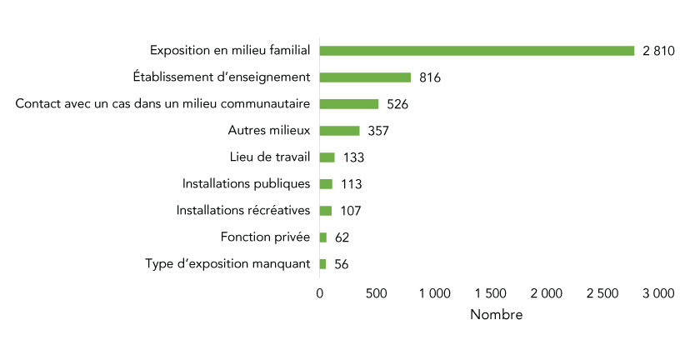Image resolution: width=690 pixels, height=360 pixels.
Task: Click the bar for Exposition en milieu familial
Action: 477,51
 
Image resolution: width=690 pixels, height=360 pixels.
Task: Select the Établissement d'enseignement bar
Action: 365,77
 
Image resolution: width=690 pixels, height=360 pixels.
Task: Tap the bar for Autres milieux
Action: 340,131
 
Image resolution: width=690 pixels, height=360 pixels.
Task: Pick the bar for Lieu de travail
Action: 327,157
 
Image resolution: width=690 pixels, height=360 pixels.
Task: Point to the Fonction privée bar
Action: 323,237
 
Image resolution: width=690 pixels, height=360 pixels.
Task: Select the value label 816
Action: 430,78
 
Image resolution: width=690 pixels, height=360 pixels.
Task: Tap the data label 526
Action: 397,105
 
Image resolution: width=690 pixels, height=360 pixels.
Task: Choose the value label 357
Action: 378,132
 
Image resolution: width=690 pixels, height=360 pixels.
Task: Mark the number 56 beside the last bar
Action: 342,264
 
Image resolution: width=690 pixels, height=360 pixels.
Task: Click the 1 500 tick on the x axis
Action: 490,293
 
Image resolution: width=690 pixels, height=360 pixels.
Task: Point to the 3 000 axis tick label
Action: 658,293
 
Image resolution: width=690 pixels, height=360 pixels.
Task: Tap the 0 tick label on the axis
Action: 320,293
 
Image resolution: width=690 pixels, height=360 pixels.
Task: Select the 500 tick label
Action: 376,293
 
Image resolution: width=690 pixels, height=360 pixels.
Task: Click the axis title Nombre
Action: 497,315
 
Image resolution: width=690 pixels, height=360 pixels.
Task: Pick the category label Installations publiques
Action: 246,183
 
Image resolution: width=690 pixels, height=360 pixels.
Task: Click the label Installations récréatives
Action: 243,210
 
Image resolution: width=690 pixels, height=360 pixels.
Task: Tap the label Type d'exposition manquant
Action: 227,263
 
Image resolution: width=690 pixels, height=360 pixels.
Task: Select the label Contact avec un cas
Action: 163,104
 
